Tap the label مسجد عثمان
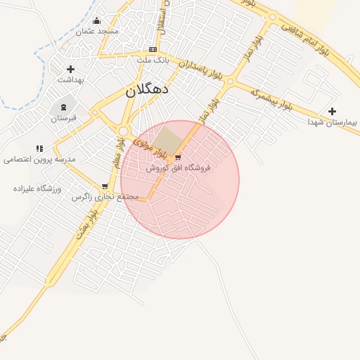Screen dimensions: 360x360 (98, 32)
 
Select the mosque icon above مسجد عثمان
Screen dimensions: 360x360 (97, 21)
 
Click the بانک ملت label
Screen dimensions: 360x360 (152, 60)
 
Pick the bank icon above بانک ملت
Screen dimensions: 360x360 (153, 49)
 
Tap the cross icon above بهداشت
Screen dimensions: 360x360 (70, 69)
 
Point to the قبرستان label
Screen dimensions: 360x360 (63, 118)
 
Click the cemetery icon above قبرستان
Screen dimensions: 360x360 (64, 107)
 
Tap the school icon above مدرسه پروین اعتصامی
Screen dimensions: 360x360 (39, 148)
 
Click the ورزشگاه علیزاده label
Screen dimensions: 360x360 (38, 189)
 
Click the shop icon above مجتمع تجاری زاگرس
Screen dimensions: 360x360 (105, 186)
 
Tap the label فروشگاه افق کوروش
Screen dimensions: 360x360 (178, 168)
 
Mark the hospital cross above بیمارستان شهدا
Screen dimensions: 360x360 (332, 111)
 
